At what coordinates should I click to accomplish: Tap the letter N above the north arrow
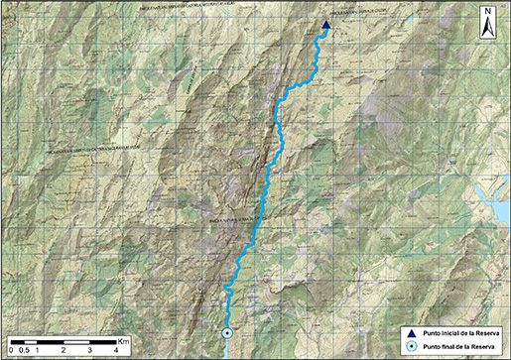pyautogui.click(x=488, y=14)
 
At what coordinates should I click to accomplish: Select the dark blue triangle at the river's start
pyautogui.click(x=325, y=27)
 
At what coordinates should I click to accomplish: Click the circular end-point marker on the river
pyautogui.click(x=226, y=333)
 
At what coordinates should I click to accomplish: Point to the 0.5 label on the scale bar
pyautogui.click(x=24, y=351)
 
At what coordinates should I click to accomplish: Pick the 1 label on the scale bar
pyautogui.click(x=37, y=351)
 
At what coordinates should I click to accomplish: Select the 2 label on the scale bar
pyautogui.click(x=64, y=351)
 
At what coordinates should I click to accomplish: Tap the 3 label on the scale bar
pyautogui.click(x=90, y=351)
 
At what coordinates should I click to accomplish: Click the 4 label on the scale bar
pyautogui.click(x=116, y=351)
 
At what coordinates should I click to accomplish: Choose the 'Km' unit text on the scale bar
pyautogui.click(x=123, y=341)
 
